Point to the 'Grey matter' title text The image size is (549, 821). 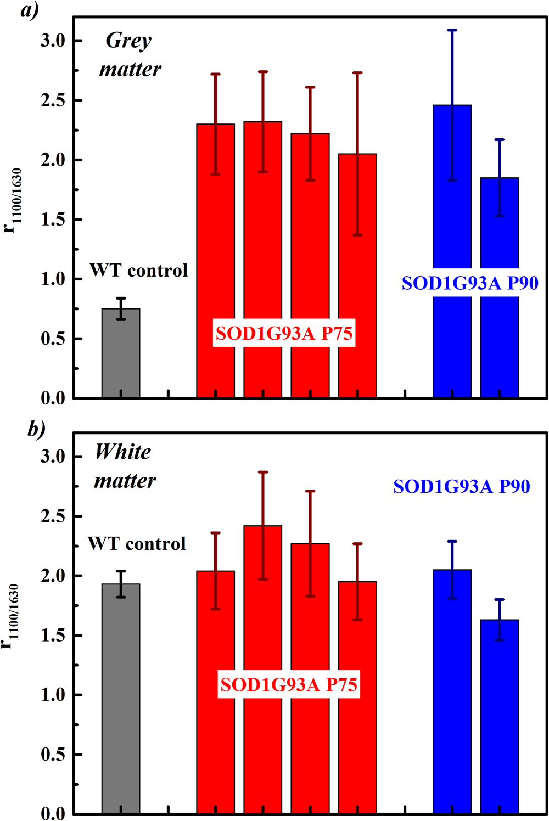point(130,55)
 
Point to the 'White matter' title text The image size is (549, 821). point(125,466)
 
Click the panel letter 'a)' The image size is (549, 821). point(30,10)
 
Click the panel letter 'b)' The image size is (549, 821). point(36,429)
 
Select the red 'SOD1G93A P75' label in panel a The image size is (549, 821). point(284,334)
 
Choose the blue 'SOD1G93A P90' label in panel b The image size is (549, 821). point(462,487)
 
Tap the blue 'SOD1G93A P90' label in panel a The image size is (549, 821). point(470,283)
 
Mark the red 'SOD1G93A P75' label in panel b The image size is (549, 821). point(289,685)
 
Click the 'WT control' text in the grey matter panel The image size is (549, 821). point(138,271)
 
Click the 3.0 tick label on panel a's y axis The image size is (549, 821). point(53,41)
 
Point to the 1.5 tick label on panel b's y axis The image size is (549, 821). point(53,636)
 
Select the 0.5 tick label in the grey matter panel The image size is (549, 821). point(53,339)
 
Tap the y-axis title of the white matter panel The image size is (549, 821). point(12,617)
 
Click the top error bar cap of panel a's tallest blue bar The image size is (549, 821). point(452,30)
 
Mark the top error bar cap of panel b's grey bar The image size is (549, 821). point(121,571)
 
